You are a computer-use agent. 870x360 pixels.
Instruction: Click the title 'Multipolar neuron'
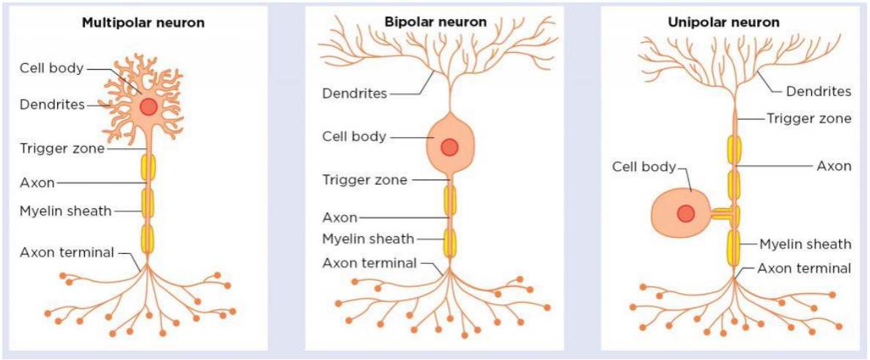pos(143,23)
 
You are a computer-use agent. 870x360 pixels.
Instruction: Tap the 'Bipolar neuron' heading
pos(435,22)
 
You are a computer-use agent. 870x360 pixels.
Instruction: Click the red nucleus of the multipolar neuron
pos(149,106)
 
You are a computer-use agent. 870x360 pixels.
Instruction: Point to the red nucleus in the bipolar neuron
pos(449,147)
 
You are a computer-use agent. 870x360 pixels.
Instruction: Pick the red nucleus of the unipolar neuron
pos(686,213)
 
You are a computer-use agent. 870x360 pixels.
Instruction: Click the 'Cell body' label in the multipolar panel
pos(51,69)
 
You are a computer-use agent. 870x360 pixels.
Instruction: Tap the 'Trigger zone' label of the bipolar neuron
pos(364,180)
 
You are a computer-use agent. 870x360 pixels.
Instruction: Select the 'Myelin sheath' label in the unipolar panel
pos(805,244)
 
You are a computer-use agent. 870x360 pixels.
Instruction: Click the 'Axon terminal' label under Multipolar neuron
pos(67,253)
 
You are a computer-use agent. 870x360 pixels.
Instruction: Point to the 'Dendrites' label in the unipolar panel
pos(819,92)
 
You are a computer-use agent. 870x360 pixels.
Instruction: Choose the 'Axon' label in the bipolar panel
pos(339,217)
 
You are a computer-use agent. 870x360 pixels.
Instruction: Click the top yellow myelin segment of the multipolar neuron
pos(149,168)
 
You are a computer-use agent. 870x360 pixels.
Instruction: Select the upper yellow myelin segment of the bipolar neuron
pos(450,200)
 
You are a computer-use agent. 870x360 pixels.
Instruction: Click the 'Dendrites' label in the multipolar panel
pos(52,105)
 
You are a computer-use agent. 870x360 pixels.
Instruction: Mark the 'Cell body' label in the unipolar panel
pos(644,167)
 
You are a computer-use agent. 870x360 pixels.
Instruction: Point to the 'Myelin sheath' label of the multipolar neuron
pos(65,211)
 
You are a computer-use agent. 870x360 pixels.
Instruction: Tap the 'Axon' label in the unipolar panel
pos(833,166)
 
